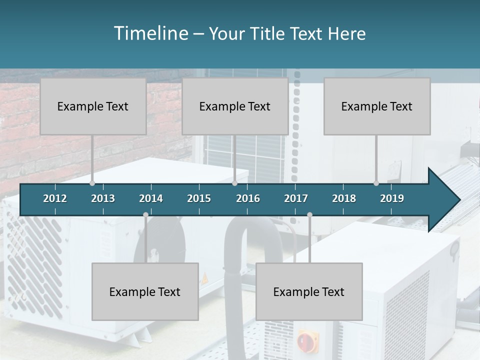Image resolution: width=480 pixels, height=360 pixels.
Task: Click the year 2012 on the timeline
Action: coord(55,198)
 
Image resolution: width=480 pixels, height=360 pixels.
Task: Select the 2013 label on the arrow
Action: coord(103,198)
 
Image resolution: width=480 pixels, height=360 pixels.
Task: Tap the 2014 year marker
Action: coord(151,198)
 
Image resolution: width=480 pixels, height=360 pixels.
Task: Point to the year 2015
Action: coord(199,198)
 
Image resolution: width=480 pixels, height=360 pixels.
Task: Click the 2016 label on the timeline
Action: coord(248,198)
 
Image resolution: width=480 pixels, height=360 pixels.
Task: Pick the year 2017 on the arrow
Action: coord(296,198)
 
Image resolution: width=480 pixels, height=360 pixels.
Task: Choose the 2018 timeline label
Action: coord(344,198)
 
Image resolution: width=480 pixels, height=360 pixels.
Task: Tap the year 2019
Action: coord(392,198)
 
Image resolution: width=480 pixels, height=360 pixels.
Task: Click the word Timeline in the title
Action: coord(150,33)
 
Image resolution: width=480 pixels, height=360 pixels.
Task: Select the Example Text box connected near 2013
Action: coord(93,106)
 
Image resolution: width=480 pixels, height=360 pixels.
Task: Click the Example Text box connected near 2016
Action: coord(235,106)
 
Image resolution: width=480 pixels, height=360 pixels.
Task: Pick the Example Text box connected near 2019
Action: coord(377,106)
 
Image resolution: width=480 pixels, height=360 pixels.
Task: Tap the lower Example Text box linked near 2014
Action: coord(145,291)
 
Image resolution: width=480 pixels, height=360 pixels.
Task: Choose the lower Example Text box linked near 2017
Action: coord(309,291)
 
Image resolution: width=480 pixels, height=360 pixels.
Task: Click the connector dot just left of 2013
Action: coord(92,183)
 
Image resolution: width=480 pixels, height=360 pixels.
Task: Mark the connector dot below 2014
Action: coord(145,215)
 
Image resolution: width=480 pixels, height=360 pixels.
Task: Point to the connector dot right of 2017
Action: coord(309,215)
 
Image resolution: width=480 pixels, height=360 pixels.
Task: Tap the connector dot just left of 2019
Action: coord(376,183)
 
